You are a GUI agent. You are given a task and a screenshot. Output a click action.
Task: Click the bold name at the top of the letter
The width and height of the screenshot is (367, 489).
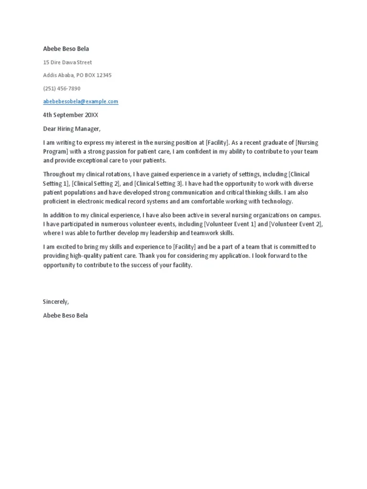(x=66, y=49)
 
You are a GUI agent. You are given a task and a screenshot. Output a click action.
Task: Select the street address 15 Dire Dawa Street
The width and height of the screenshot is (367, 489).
(x=67, y=62)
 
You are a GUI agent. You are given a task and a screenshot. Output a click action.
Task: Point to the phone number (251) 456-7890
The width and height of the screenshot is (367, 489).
(x=62, y=88)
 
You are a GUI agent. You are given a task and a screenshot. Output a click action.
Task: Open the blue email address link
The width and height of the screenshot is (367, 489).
(x=80, y=102)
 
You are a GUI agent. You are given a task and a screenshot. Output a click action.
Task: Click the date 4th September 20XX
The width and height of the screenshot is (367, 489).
(x=71, y=115)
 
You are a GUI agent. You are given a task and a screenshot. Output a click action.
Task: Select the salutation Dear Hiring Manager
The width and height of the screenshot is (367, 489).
(x=72, y=128)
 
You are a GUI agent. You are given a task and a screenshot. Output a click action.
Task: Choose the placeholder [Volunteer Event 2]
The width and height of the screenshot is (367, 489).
(x=296, y=224)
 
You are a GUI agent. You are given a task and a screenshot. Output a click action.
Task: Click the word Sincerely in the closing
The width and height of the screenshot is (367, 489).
(x=56, y=302)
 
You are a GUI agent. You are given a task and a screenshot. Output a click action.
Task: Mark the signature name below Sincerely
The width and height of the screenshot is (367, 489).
(x=65, y=316)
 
